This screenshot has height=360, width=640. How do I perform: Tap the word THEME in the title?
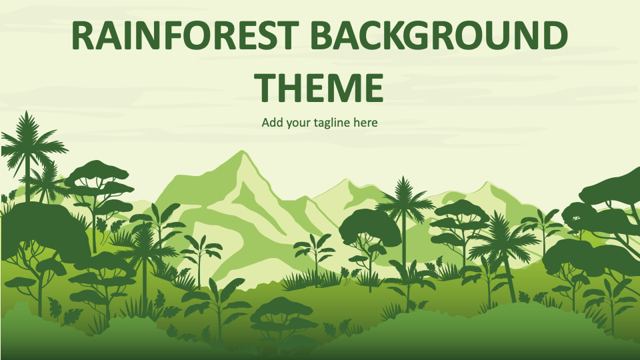click(321, 87)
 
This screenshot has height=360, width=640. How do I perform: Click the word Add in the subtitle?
click(271, 123)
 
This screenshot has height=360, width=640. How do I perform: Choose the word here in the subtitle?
click(366, 123)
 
